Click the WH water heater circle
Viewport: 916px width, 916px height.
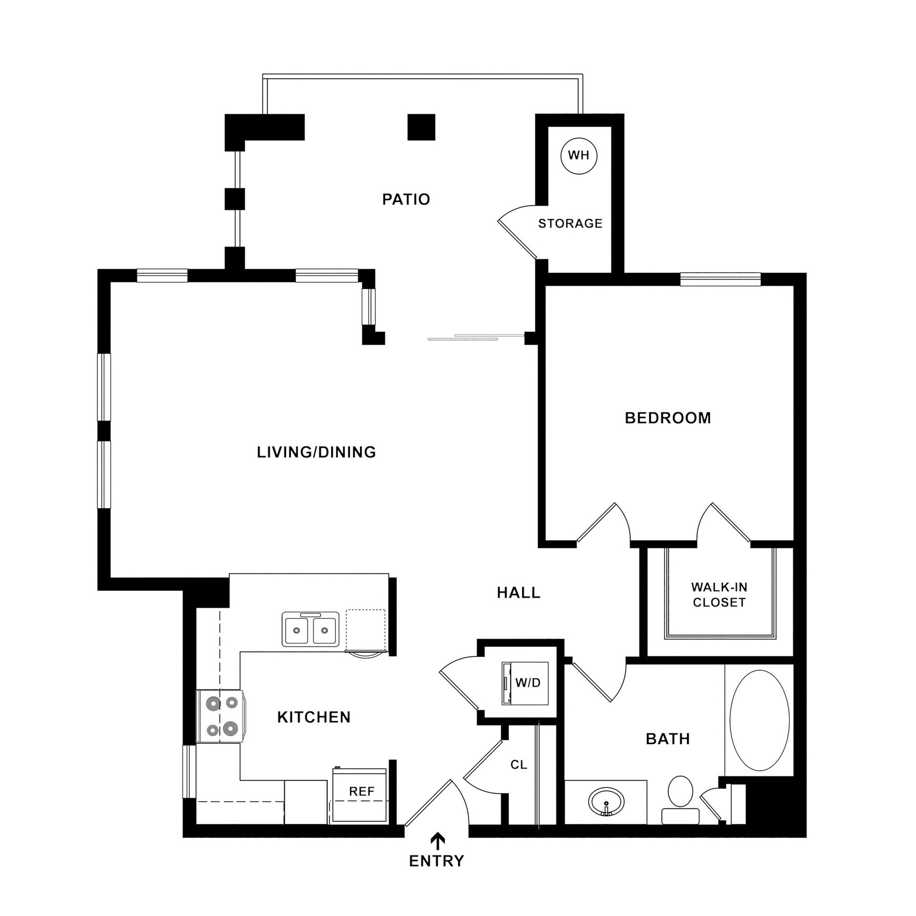tap(578, 156)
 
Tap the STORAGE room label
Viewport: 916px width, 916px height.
tap(570, 223)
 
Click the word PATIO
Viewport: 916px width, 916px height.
tap(406, 199)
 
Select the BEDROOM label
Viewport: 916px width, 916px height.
tap(668, 418)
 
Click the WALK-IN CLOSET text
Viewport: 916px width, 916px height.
tap(719, 594)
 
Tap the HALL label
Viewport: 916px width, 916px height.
tap(518, 592)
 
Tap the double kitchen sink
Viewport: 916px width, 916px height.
tap(310, 630)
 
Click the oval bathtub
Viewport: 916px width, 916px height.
tap(759, 720)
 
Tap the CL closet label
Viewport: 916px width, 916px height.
tap(519, 765)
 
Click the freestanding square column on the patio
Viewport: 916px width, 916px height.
tap(421, 127)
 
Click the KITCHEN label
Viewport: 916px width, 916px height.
tap(314, 717)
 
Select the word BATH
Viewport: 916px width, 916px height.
tap(668, 739)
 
